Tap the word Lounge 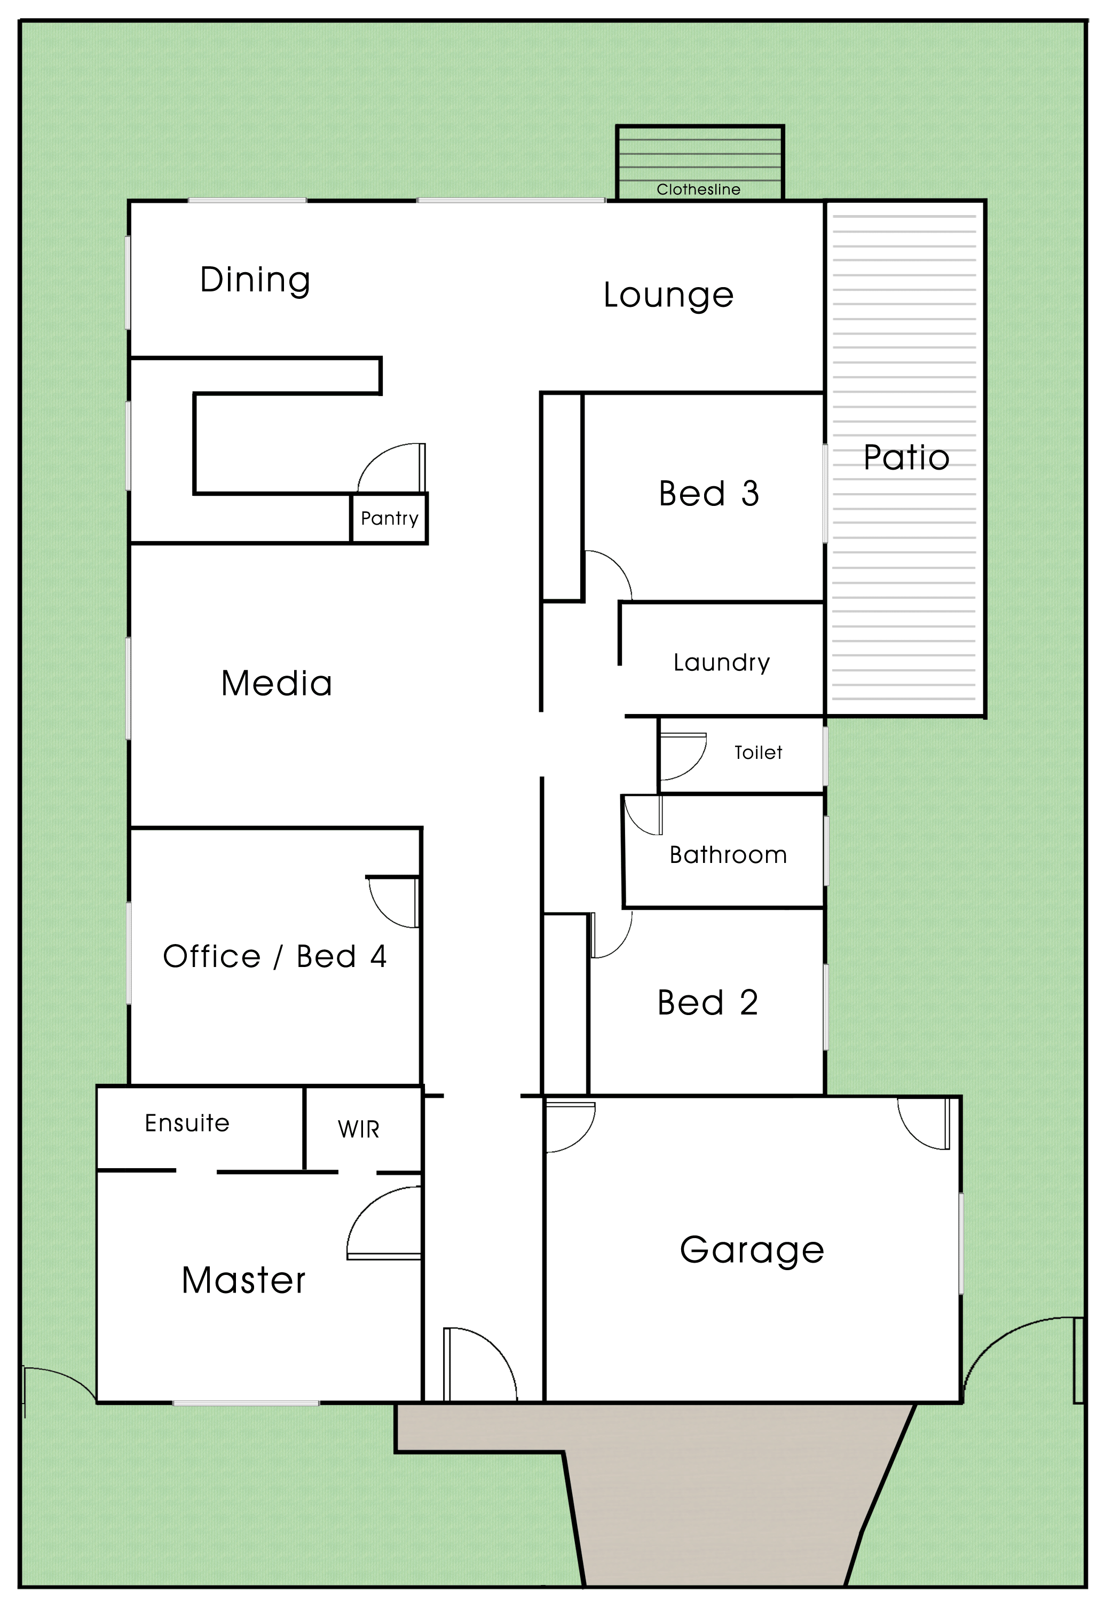click(668, 296)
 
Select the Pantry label click(389, 518)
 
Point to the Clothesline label click(699, 189)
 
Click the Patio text click(906, 457)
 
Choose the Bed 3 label click(709, 494)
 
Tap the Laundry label click(721, 662)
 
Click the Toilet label click(758, 752)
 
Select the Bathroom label click(728, 855)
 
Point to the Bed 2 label click(708, 1002)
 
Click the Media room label click(277, 683)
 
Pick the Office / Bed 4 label click(274, 956)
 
